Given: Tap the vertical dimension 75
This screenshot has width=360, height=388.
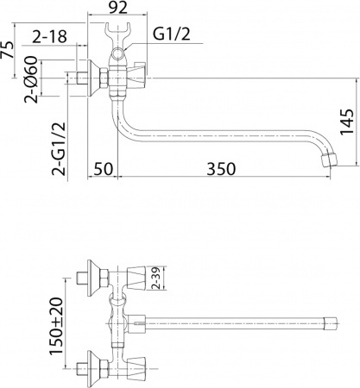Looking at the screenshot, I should click(x=8, y=49).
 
